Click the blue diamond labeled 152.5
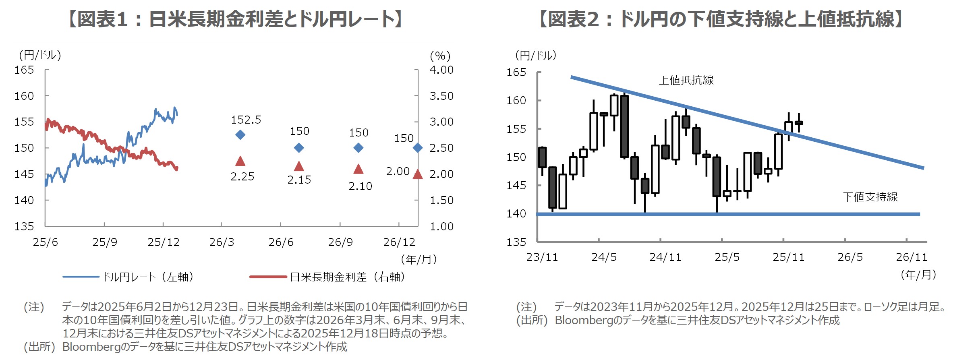tap(240, 135)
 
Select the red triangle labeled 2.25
tap(240, 161)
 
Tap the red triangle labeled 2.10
tap(358, 169)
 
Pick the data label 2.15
tap(299, 180)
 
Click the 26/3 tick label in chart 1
tap(222, 242)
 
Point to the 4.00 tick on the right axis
tap(441, 70)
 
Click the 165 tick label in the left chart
tap(24, 70)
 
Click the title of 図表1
tap(236, 19)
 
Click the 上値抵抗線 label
tap(686, 80)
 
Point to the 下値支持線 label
tap(870, 197)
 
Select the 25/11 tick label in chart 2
tap(788, 257)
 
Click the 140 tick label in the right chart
tap(516, 214)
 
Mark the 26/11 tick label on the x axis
tap(911, 257)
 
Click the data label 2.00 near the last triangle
tap(398, 172)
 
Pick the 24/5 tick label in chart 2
tap(604, 257)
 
